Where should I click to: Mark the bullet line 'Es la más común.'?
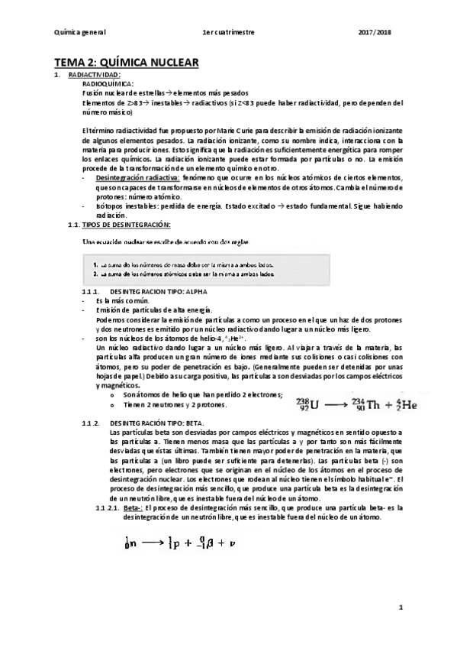120,301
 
